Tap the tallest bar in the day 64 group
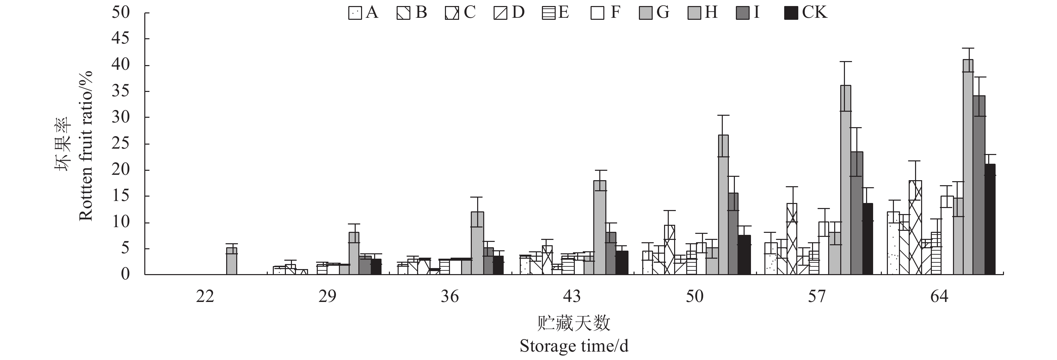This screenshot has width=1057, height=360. pyautogui.click(x=968, y=167)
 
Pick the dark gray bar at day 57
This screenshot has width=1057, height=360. pyautogui.click(x=857, y=213)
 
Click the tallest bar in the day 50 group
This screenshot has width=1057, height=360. pyautogui.click(x=723, y=205)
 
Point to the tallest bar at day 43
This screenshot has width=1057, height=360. pyautogui.click(x=600, y=227)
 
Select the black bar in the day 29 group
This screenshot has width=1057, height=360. pyautogui.click(x=376, y=267)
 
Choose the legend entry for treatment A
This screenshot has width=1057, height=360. pyautogui.click(x=363, y=13)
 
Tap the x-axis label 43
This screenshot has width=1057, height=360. pyautogui.click(x=572, y=296)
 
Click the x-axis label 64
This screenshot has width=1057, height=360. pyautogui.click(x=939, y=296)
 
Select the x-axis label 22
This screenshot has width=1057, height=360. pyautogui.click(x=205, y=296)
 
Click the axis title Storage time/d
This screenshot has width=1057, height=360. pyautogui.click(x=574, y=346)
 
